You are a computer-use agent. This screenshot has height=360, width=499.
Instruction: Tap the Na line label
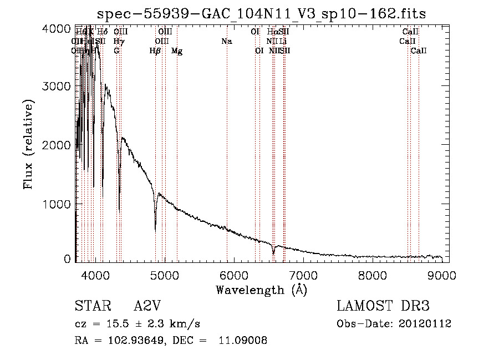coord(226,41)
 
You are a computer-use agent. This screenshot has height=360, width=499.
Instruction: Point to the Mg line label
coord(177,51)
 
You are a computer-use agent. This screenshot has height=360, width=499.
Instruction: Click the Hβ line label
coord(155,51)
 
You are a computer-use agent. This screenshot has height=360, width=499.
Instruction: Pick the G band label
coord(116,51)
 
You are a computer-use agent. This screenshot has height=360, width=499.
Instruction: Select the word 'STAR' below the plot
coord(91,306)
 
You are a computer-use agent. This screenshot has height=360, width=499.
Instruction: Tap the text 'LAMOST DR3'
coord(383,306)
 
